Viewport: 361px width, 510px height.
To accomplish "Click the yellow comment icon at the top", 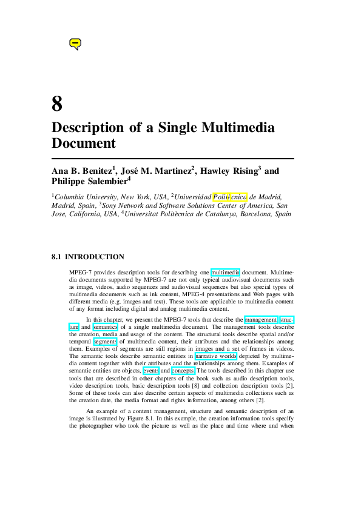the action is (x=75, y=44).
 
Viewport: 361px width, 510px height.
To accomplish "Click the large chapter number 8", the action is (x=57, y=104).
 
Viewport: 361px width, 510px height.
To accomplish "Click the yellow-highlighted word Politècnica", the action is (x=230, y=197).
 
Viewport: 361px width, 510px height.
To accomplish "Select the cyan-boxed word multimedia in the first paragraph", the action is (x=226, y=273).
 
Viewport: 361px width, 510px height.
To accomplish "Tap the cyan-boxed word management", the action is (x=261, y=319).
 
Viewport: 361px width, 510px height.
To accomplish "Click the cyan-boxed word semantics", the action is (x=105, y=327).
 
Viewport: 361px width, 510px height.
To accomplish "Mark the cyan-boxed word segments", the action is (x=105, y=342).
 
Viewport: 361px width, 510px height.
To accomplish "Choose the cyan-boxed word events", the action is (x=151, y=371).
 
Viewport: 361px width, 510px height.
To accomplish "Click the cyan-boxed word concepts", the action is (x=183, y=371).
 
